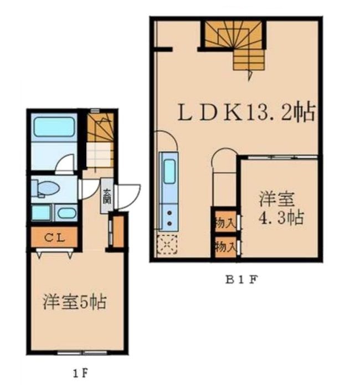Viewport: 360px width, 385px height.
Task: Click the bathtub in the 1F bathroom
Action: (54, 127)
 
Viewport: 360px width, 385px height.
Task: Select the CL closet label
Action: (55, 238)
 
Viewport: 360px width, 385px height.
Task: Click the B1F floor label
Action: (241, 279)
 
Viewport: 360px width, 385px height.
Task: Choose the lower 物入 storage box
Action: (224, 246)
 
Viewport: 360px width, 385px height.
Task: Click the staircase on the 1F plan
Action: (100, 141)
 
